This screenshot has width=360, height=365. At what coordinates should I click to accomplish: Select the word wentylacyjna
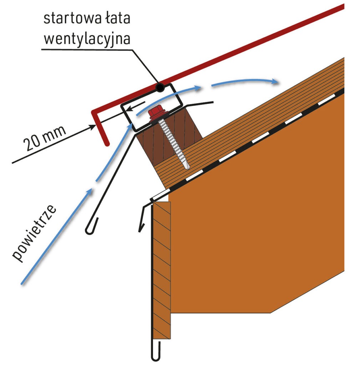[x=87, y=39]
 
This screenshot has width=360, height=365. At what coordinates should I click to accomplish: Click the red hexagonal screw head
[x=155, y=113]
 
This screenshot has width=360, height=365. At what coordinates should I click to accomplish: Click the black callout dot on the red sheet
[x=160, y=88]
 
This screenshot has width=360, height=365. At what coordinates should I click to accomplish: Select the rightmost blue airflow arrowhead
[x=275, y=82]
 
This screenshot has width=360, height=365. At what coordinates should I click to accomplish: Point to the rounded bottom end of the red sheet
[x=107, y=144]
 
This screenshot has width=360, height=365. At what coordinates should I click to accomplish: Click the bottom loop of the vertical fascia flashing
[x=156, y=354]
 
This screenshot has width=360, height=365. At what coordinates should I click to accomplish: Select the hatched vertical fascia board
[x=162, y=270]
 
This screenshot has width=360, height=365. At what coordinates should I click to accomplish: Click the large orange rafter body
[x=256, y=210]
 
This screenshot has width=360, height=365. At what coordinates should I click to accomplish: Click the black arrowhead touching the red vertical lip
[x=92, y=127]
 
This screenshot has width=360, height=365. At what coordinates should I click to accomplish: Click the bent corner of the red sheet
[x=94, y=112]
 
